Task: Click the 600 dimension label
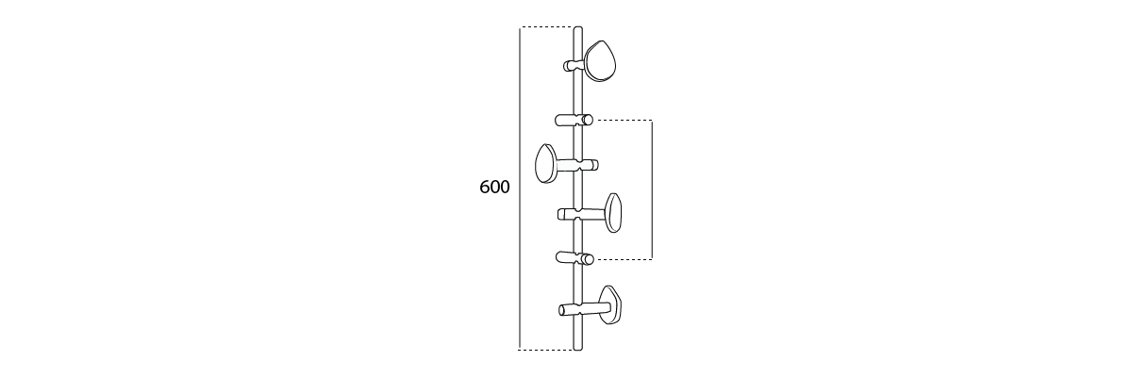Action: point(494,188)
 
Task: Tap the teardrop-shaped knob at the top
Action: point(600,61)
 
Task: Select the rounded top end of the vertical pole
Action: point(578,29)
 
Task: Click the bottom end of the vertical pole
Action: point(578,348)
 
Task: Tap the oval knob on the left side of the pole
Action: point(546,163)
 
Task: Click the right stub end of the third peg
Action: point(595,165)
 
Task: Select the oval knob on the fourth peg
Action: point(613,212)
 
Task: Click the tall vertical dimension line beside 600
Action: point(520,188)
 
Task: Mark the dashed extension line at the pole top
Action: point(547,26)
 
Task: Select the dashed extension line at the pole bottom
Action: point(547,349)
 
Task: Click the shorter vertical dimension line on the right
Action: point(653,189)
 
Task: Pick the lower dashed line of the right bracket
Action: point(624,259)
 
